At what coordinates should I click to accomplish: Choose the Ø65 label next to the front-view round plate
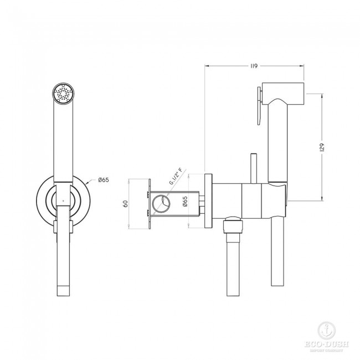pyautogui.click(x=103, y=180)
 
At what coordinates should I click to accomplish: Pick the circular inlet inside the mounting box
pyautogui.click(x=163, y=203)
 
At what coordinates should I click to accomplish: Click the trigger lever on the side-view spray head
pyautogui.click(x=258, y=108)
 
